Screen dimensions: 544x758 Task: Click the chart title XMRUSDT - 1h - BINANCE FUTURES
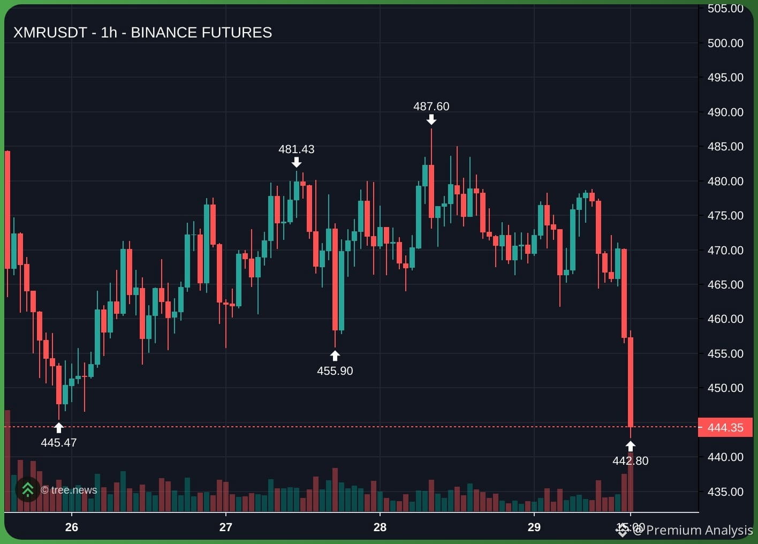tap(142, 33)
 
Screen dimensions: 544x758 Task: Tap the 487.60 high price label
tap(431, 106)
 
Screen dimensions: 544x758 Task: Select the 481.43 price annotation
tap(296, 149)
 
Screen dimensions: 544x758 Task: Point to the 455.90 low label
tap(335, 371)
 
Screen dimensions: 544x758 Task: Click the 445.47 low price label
tap(58, 443)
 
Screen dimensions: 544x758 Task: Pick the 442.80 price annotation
tap(630, 460)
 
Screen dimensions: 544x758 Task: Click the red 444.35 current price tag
tap(725, 427)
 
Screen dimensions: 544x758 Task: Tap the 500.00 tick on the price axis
tap(725, 43)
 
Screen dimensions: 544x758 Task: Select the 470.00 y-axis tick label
tap(725, 250)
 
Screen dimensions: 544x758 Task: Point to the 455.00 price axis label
tap(725, 353)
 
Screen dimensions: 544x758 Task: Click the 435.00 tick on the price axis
tap(725, 492)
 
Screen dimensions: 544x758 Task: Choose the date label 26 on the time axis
tap(72, 527)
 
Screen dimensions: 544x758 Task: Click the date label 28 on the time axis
tap(380, 527)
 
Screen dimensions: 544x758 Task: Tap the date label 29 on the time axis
tap(534, 527)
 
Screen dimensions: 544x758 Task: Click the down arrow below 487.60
tap(431, 119)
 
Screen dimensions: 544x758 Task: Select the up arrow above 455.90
tap(335, 356)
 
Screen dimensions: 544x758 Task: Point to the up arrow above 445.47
tap(58, 428)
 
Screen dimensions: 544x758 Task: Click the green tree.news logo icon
tap(27, 489)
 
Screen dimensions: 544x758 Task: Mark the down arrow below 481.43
tap(296, 162)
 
